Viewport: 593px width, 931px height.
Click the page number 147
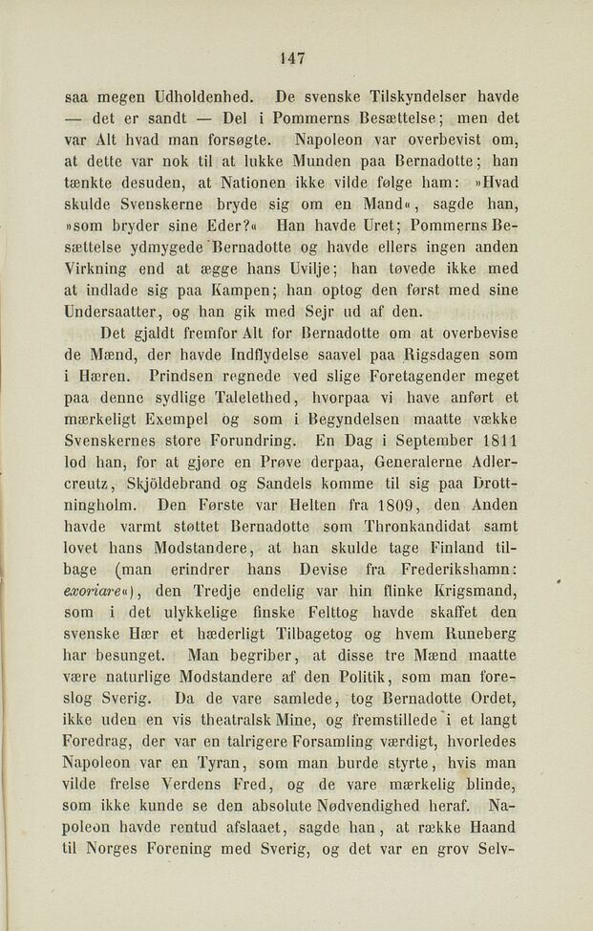tap(292, 58)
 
